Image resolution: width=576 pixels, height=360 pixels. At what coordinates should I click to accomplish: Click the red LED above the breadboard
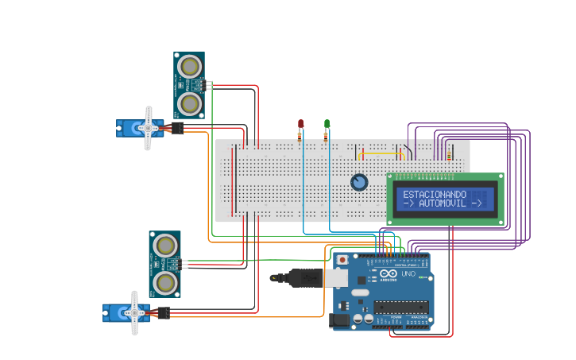pos(300,123)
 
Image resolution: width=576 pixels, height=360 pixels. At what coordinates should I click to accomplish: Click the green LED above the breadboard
pos(327,123)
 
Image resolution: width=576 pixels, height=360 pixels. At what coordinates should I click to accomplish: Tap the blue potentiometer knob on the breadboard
pos(359,182)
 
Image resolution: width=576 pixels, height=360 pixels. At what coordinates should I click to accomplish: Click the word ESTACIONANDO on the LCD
pos(423,194)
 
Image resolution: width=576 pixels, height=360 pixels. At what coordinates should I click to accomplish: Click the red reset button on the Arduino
pos(342,260)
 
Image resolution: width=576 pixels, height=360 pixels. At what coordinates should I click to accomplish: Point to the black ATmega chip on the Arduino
pos(400,307)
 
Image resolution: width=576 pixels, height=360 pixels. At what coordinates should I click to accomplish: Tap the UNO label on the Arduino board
pos(408,274)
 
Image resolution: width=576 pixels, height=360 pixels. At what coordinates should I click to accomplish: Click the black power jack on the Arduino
pos(339,320)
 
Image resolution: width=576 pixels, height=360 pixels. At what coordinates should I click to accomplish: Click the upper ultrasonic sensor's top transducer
pos(189,65)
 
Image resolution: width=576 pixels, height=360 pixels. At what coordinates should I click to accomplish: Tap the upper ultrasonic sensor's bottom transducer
pos(189,103)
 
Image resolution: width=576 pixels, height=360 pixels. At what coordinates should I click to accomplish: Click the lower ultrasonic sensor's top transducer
pos(164,245)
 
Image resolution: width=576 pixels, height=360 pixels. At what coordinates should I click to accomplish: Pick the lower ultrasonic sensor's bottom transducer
pos(164,283)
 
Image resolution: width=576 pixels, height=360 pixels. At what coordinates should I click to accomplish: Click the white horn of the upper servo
pos(148,128)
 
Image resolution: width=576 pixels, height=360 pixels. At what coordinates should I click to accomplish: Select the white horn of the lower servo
pos(134,312)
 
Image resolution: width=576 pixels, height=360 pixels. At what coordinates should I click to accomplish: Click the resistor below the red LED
pos(300,135)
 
